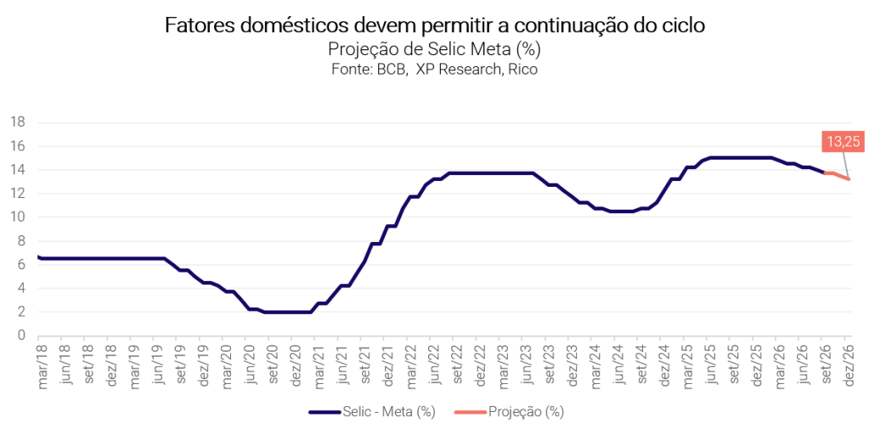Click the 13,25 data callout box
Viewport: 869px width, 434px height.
(844, 142)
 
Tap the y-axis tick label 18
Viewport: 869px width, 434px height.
(18, 122)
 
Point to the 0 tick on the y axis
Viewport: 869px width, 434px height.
(21, 335)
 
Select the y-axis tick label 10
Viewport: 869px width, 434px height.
(18, 217)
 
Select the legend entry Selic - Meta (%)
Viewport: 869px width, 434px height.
(372, 412)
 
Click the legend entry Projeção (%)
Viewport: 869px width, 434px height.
(509, 412)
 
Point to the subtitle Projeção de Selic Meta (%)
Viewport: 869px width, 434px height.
(435, 50)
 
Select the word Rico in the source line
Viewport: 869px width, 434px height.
(525, 70)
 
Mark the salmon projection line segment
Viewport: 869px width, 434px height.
(837, 175)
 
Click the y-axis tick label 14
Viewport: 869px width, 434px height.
(18, 170)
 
